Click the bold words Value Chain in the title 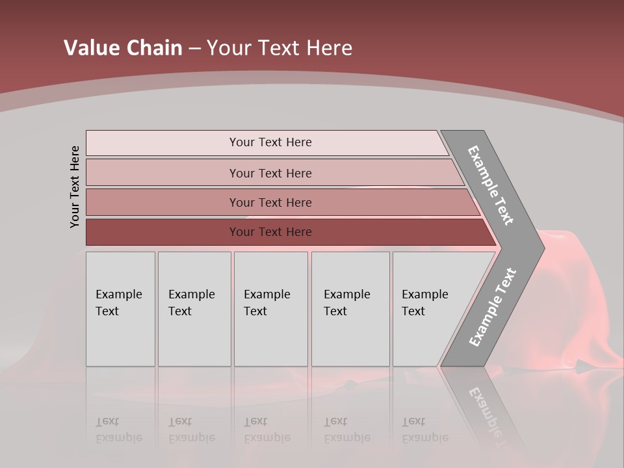pos(123,48)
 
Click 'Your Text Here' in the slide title pos(279,48)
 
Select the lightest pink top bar pos(162,143)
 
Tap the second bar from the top pos(162,173)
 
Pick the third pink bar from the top pos(162,203)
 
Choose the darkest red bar pos(162,232)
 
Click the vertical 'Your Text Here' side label pos(75,187)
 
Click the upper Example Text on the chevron pos(491,185)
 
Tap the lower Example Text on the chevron pos(492,307)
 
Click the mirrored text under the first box pos(118,430)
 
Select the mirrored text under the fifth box pos(425,430)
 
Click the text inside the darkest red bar pos(270,232)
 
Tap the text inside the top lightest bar pos(270,142)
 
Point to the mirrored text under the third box pos(266,430)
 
